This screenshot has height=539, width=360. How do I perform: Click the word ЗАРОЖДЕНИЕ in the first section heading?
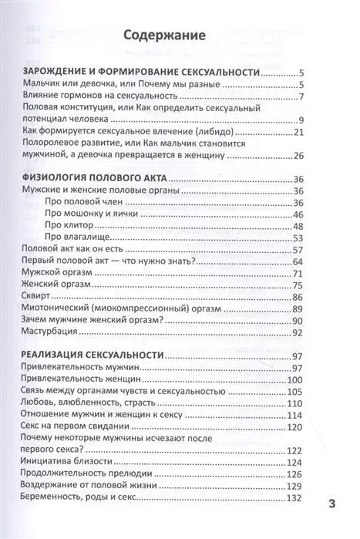pyautogui.click(x=62, y=72)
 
